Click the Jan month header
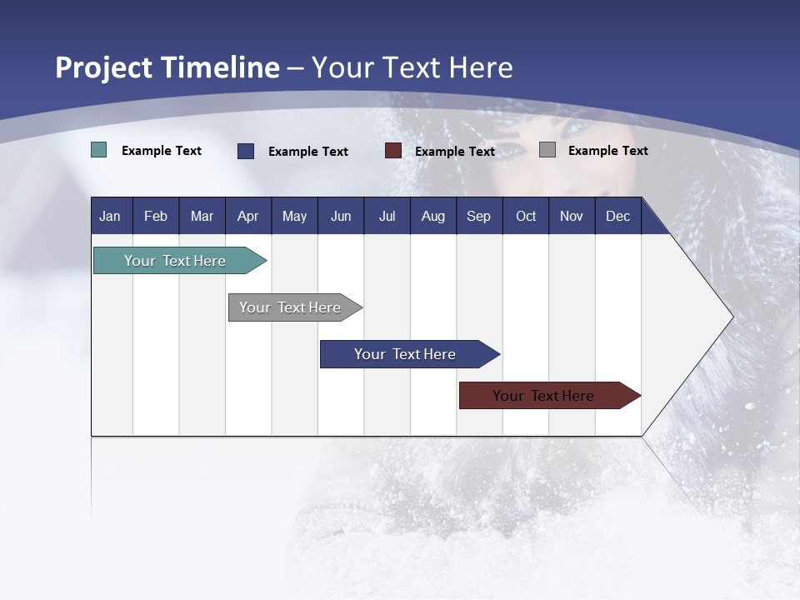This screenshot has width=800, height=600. pos(110,217)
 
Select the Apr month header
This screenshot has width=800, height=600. pos(247,217)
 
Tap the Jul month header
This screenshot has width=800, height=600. pos(387,217)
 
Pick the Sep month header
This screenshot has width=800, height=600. pos(478,217)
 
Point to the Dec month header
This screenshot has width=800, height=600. pos(617,217)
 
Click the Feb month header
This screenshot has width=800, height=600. pos(156,217)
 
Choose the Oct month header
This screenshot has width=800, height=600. pos(526,217)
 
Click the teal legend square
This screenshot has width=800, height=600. pos(98,150)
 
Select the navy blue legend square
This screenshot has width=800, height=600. pos(246,151)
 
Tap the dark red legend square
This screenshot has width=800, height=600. pos(393,151)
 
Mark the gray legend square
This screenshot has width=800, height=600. pos(547,150)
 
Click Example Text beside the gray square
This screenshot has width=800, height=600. pos(607,151)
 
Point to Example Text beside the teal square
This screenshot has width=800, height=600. pos(162,151)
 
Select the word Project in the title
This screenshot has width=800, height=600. pos(103,68)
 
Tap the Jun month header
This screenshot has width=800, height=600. pos(341,217)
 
